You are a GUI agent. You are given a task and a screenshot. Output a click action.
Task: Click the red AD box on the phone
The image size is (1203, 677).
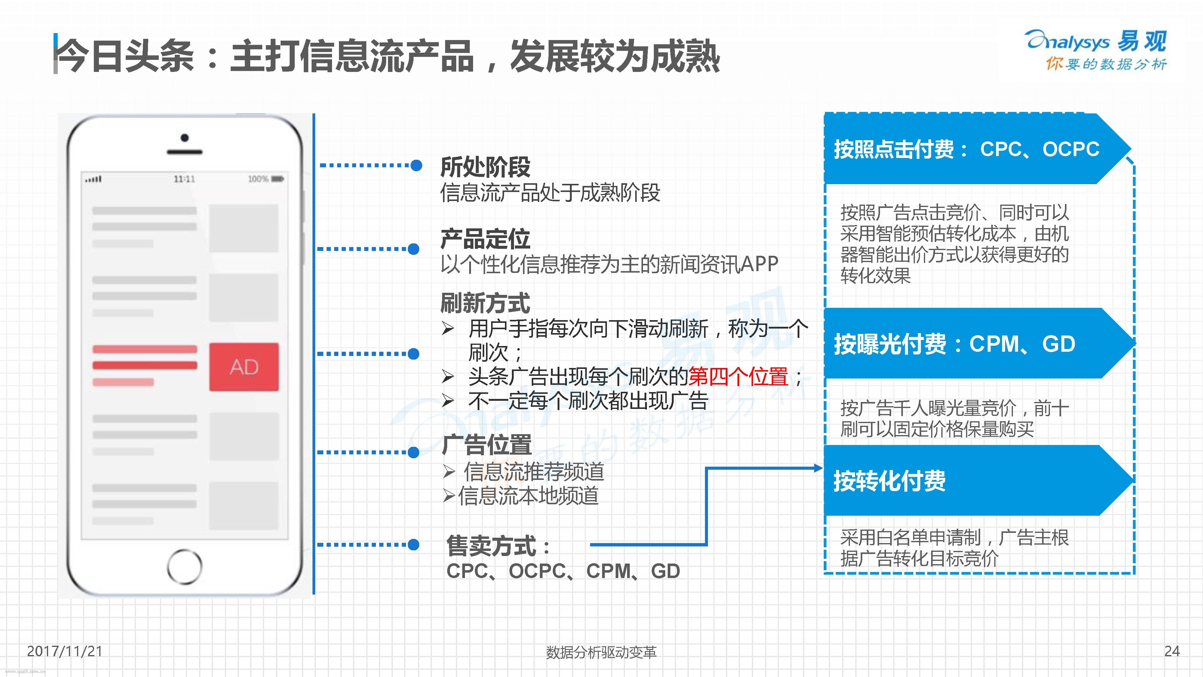pos(244,367)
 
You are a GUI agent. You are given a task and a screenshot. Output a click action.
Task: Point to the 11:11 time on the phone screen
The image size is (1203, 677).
pos(184,179)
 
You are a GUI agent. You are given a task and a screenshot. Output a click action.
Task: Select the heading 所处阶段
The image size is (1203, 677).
pos(485,167)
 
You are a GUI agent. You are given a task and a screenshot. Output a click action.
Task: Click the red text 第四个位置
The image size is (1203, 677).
pos(738,377)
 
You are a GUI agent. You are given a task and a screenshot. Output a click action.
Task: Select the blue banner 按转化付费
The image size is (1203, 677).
pos(978,480)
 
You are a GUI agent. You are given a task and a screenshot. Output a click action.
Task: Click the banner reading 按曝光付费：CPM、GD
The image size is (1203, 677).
pos(978,343)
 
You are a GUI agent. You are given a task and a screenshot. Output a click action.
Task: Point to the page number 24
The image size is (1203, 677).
pos(1172,651)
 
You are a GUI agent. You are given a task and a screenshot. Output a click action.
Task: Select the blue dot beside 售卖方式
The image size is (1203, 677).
pos(413,544)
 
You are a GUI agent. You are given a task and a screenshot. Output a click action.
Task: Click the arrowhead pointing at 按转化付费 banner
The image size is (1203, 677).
pos(818,468)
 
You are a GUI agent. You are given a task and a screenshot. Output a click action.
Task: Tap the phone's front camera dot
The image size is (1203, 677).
pos(184,138)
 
